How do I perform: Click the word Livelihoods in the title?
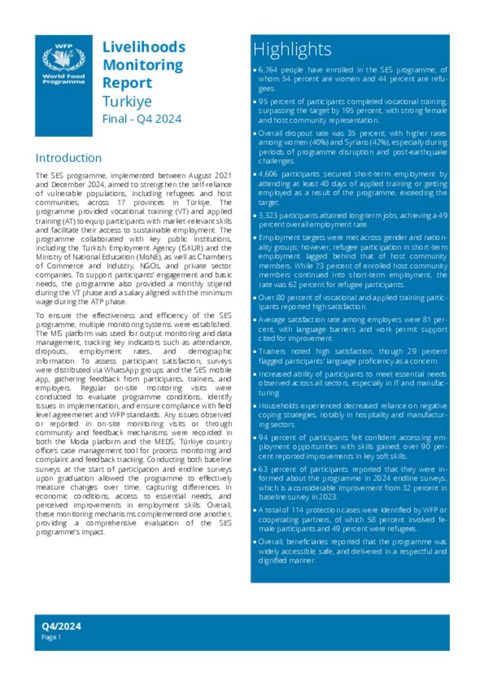click(144, 47)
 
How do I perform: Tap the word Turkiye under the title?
click(127, 101)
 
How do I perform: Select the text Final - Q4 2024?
click(142, 119)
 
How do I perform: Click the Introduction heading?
click(69, 157)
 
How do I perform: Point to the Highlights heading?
click(292, 49)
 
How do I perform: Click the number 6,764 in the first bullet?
click(268, 70)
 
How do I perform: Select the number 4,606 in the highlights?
click(268, 174)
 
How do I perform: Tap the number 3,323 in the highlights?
click(268, 216)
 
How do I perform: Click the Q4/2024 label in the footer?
click(61, 626)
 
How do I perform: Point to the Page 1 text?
click(51, 637)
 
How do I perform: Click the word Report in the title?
click(127, 83)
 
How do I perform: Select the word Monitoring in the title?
click(143, 65)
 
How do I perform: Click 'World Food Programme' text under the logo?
click(64, 79)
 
